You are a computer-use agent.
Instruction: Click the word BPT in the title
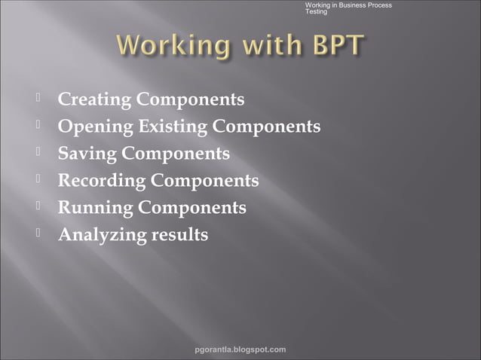pyautogui.click(x=331, y=47)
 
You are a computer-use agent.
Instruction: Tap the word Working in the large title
pyautogui.click(x=171, y=47)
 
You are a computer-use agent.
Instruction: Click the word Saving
pyautogui.click(x=87, y=154)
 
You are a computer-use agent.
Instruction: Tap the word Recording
pyautogui.click(x=102, y=181)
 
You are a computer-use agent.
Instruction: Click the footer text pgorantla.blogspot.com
pyautogui.click(x=240, y=349)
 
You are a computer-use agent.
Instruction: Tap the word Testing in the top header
pyautogui.click(x=316, y=12)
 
